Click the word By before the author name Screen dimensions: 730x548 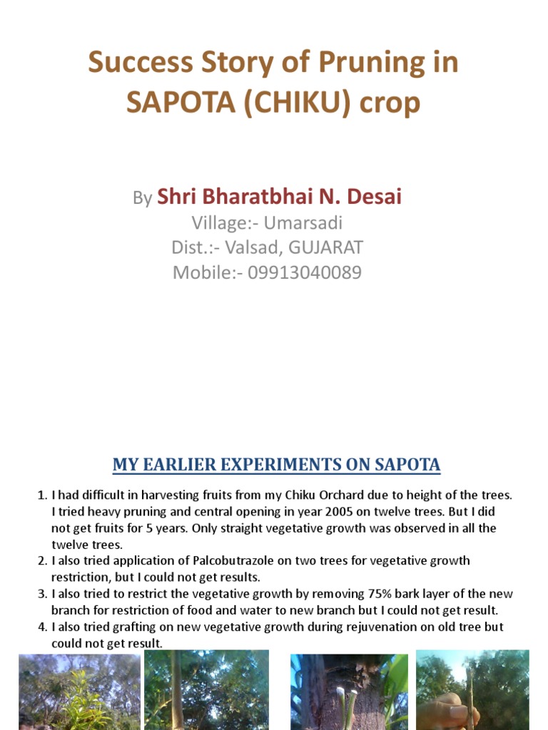click(x=142, y=198)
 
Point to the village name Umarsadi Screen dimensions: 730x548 click(x=303, y=223)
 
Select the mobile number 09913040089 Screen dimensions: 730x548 click(x=305, y=273)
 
